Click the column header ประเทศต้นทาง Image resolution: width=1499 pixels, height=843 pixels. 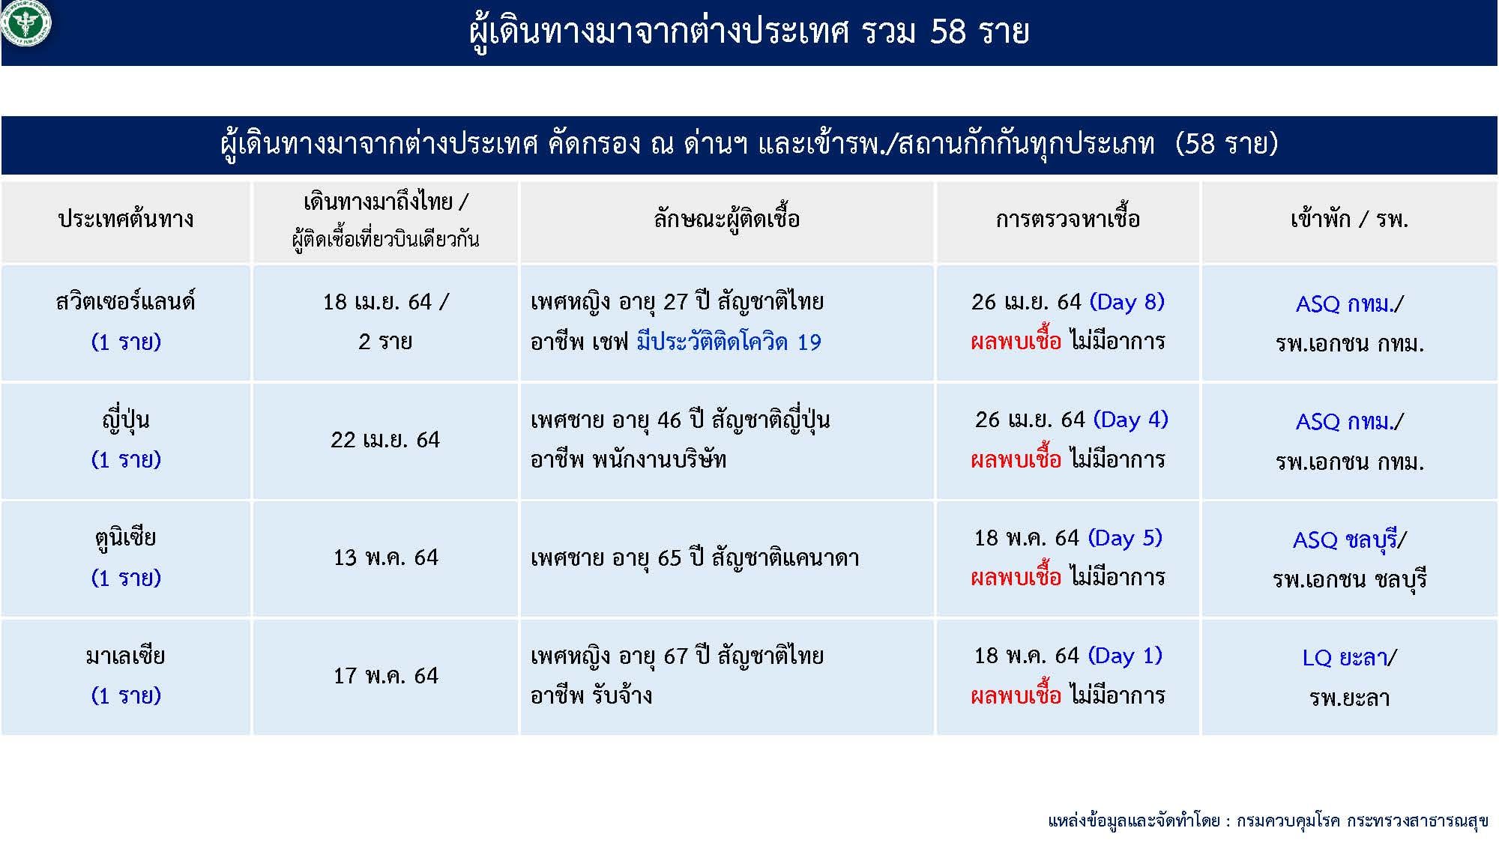click(126, 220)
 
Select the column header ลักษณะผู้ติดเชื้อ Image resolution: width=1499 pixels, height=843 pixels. click(726, 220)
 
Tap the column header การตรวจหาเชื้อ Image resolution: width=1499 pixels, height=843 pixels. click(1067, 220)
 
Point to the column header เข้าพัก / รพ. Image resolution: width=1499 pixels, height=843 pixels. click(1349, 220)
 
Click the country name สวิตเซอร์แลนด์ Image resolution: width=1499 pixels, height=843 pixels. click(126, 301)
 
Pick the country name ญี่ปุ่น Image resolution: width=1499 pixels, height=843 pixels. click(126, 420)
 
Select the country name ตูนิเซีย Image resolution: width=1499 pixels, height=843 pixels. click(126, 538)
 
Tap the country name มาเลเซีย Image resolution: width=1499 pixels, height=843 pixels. click(126, 656)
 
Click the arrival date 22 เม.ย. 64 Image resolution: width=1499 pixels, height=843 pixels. click(385, 440)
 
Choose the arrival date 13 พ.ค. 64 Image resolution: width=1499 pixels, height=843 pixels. click(385, 558)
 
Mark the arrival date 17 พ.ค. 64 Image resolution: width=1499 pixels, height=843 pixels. click(385, 676)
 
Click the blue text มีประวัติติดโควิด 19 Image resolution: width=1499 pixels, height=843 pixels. click(729, 342)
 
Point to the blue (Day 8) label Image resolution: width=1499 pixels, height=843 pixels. click(1126, 302)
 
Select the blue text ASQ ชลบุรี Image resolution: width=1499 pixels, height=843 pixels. click(1345, 540)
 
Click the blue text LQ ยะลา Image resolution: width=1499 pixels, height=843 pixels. click(1345, 658)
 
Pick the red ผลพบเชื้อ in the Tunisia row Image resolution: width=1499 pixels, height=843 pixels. click(1016, 578)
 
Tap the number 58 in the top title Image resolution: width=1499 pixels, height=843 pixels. click(948, 32)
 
